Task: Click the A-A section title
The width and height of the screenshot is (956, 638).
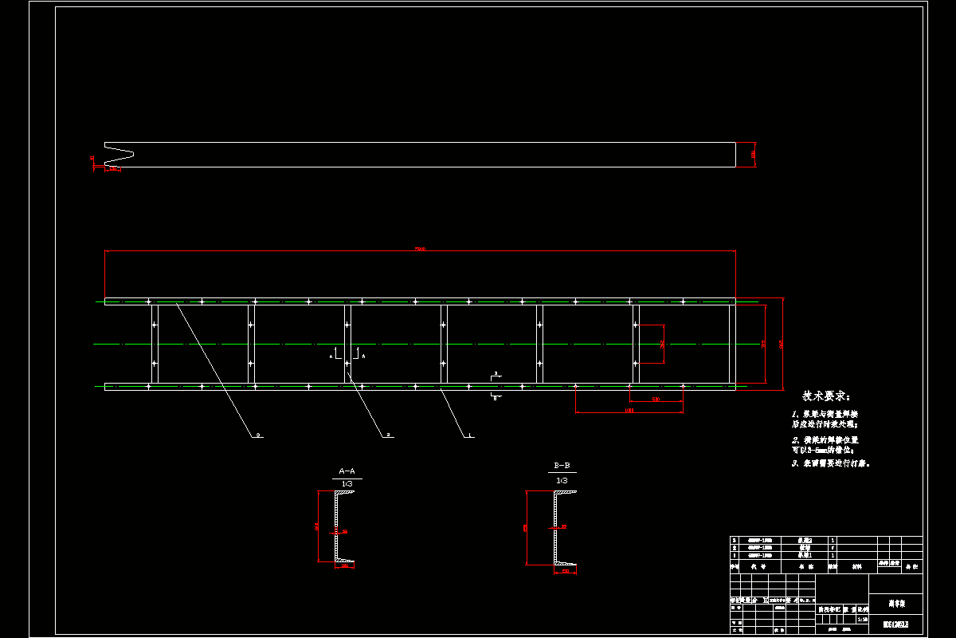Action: pyautogui.click(x=347, y=471)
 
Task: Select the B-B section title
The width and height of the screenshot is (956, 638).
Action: pyautogui.click(x=562, y=465)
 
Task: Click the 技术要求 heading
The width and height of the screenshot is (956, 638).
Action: pyautogui.click(x=825, y=396)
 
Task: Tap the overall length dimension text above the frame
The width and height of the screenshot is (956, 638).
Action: pyautogui.click(x=420, y=250)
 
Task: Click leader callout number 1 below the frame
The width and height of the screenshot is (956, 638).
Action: pyautogui.click(x=469, y=435)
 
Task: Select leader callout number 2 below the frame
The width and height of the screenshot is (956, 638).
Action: pyautogui.click(x=388, y=435)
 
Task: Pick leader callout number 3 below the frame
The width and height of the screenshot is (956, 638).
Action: pyautogui.click(x=258, y=435)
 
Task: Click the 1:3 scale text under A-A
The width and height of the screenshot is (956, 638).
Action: pyautogui.click(x=347, y=484)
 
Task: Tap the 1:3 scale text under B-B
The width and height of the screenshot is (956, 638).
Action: pyautogui.click(x=562, y=479)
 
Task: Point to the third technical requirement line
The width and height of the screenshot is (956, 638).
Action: pyautogui.click(x=830, y=463)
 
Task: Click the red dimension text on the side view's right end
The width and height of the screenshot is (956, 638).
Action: pyautogui.click(x=753, y=154)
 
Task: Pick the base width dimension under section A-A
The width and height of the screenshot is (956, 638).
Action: pyautogui.click(x=345, y=566)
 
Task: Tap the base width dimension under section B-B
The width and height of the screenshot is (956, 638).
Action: pyautogui.click(x=566, y=571)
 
